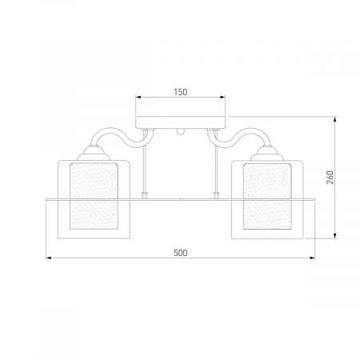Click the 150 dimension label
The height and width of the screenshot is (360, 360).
pos(181,92)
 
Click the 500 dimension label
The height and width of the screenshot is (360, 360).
pos(181,253)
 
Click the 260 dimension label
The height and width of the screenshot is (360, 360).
pos(330,178)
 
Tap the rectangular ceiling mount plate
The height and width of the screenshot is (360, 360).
pos(181,122)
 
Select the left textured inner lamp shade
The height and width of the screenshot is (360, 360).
pos(94,196)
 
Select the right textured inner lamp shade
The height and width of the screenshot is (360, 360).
pos(267,196)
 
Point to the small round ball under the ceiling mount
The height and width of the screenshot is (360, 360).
pos(180,132)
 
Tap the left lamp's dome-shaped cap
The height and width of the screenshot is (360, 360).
pos(94,154)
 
